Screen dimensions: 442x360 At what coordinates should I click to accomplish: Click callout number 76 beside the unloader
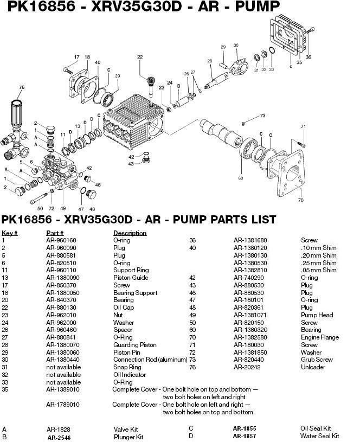(22, 87)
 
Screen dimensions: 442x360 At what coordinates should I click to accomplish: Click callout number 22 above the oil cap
(140, 57)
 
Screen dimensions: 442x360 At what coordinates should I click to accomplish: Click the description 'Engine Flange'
(320, 337)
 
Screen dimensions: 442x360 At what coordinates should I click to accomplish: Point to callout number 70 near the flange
(300, 200)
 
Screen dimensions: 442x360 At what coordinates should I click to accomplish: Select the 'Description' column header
(130, 233)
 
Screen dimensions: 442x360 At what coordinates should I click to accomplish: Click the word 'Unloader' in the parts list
(313, 367)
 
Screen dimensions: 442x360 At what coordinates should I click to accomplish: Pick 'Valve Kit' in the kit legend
(125, 430)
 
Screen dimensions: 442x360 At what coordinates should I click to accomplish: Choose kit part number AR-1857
(245, 436)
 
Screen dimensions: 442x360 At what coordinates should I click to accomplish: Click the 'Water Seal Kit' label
(320, 436)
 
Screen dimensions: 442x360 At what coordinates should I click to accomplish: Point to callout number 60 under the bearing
(240, 177)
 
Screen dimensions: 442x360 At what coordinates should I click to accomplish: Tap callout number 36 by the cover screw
(308, 57)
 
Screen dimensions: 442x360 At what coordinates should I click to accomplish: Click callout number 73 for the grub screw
(262, 116)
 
